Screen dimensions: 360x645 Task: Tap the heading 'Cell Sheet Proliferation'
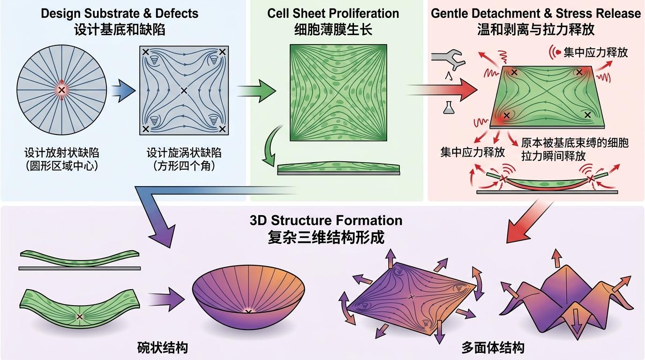click(x=333, y=13)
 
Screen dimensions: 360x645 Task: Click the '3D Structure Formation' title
click(x=326, y=220)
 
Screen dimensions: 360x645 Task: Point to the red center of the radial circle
click(x=61, y=90)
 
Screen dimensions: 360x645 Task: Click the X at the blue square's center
click(x=184, y=90)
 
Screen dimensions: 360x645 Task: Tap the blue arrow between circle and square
click(x=123, y=90)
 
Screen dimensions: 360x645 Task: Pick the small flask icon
click(x=447, y=108)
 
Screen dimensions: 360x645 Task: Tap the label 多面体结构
click(x=493, y=348)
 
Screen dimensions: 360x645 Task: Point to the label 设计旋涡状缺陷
click(x=184, y=153)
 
